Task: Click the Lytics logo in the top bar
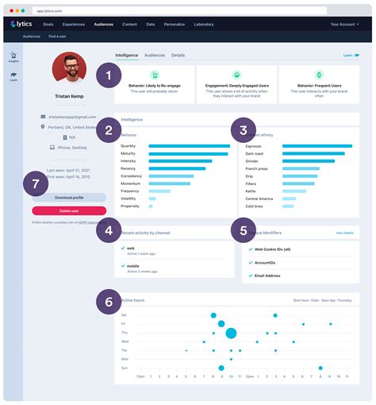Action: click(x=24, y=25)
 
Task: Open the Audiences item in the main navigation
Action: click(x=103, y=25)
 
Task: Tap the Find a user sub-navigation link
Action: click(x=58, y=37)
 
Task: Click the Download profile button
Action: click(x=69, y=197)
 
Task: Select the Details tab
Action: click(x=178, y=56)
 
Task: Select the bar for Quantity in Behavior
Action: click(x=189, y=146)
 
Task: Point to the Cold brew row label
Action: click(x=253, y=206)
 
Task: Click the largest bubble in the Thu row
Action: click(x=231, y=334)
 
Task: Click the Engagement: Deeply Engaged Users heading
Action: click(x=236, y=84)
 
